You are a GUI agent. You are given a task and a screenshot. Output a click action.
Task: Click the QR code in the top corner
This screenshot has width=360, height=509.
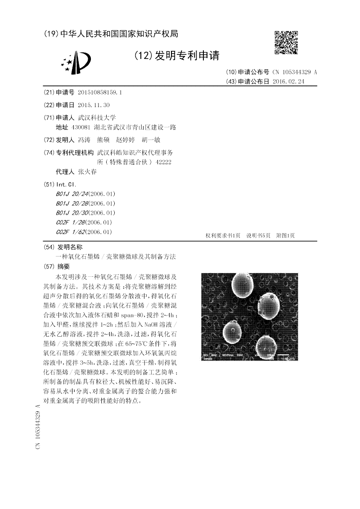pyautogui.click(x=286, y=42)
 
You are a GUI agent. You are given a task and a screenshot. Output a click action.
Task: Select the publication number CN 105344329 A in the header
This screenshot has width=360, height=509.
pyautogui.click(x=295, y=72)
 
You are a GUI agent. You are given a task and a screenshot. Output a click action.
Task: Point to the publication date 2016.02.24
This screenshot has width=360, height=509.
pyautogui.click(x=288, y=81)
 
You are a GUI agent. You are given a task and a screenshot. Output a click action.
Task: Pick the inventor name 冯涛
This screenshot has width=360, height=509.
pyautogui.click(x=84, y=140)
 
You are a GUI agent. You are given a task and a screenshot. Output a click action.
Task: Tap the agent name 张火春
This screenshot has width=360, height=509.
pyautogui.click(x=87, y=172)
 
